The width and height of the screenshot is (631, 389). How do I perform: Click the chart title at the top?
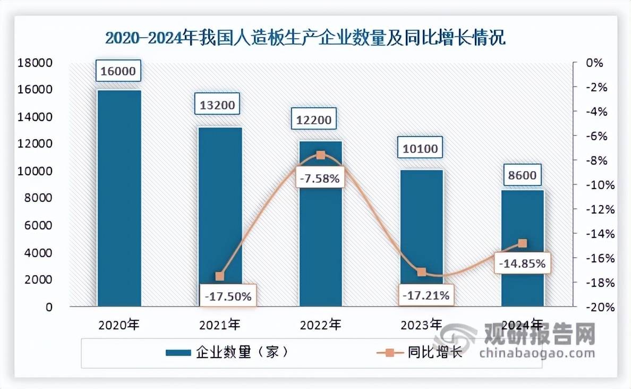[305, 39]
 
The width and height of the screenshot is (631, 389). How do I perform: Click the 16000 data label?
[118, 71]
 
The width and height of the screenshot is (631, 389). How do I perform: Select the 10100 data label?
[420, 148]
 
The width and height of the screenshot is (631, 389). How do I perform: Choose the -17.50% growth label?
[228, 296]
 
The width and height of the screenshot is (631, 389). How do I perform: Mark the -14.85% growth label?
[522, 263]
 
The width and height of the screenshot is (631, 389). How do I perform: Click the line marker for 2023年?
[422, 272]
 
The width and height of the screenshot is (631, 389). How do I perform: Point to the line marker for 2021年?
[220, 276]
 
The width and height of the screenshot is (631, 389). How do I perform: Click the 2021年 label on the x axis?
[220, 324]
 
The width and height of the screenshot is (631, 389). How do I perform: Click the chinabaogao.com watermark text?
[537, 353]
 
